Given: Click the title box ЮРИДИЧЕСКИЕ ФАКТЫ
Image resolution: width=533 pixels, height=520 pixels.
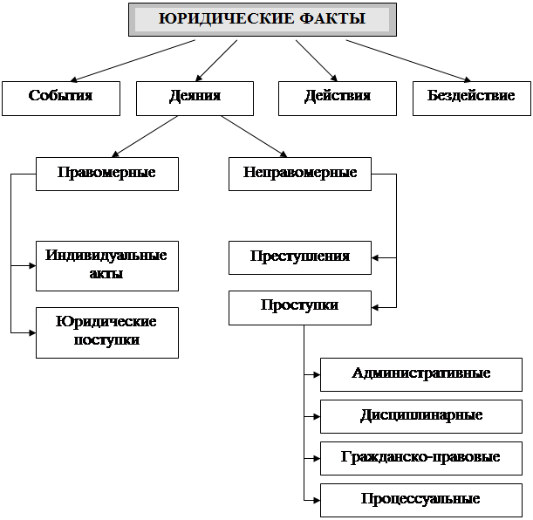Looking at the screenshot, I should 262,19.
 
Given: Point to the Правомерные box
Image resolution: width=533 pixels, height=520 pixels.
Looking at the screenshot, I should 106,174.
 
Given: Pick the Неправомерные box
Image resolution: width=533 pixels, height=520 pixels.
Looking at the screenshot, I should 299,174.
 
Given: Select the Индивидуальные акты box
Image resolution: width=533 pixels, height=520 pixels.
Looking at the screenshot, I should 106,265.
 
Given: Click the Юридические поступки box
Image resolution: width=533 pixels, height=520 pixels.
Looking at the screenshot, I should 106,332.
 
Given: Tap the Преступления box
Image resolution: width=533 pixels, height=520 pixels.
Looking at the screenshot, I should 299,257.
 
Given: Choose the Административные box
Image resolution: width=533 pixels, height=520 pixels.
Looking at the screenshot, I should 420,374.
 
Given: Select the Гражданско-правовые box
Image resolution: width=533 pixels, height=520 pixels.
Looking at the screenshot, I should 420,457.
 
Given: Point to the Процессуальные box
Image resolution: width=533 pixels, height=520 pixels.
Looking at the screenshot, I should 420,500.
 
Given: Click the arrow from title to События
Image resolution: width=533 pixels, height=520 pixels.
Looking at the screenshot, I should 131,60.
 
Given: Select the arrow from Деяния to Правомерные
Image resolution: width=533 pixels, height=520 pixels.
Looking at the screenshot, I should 147,136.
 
